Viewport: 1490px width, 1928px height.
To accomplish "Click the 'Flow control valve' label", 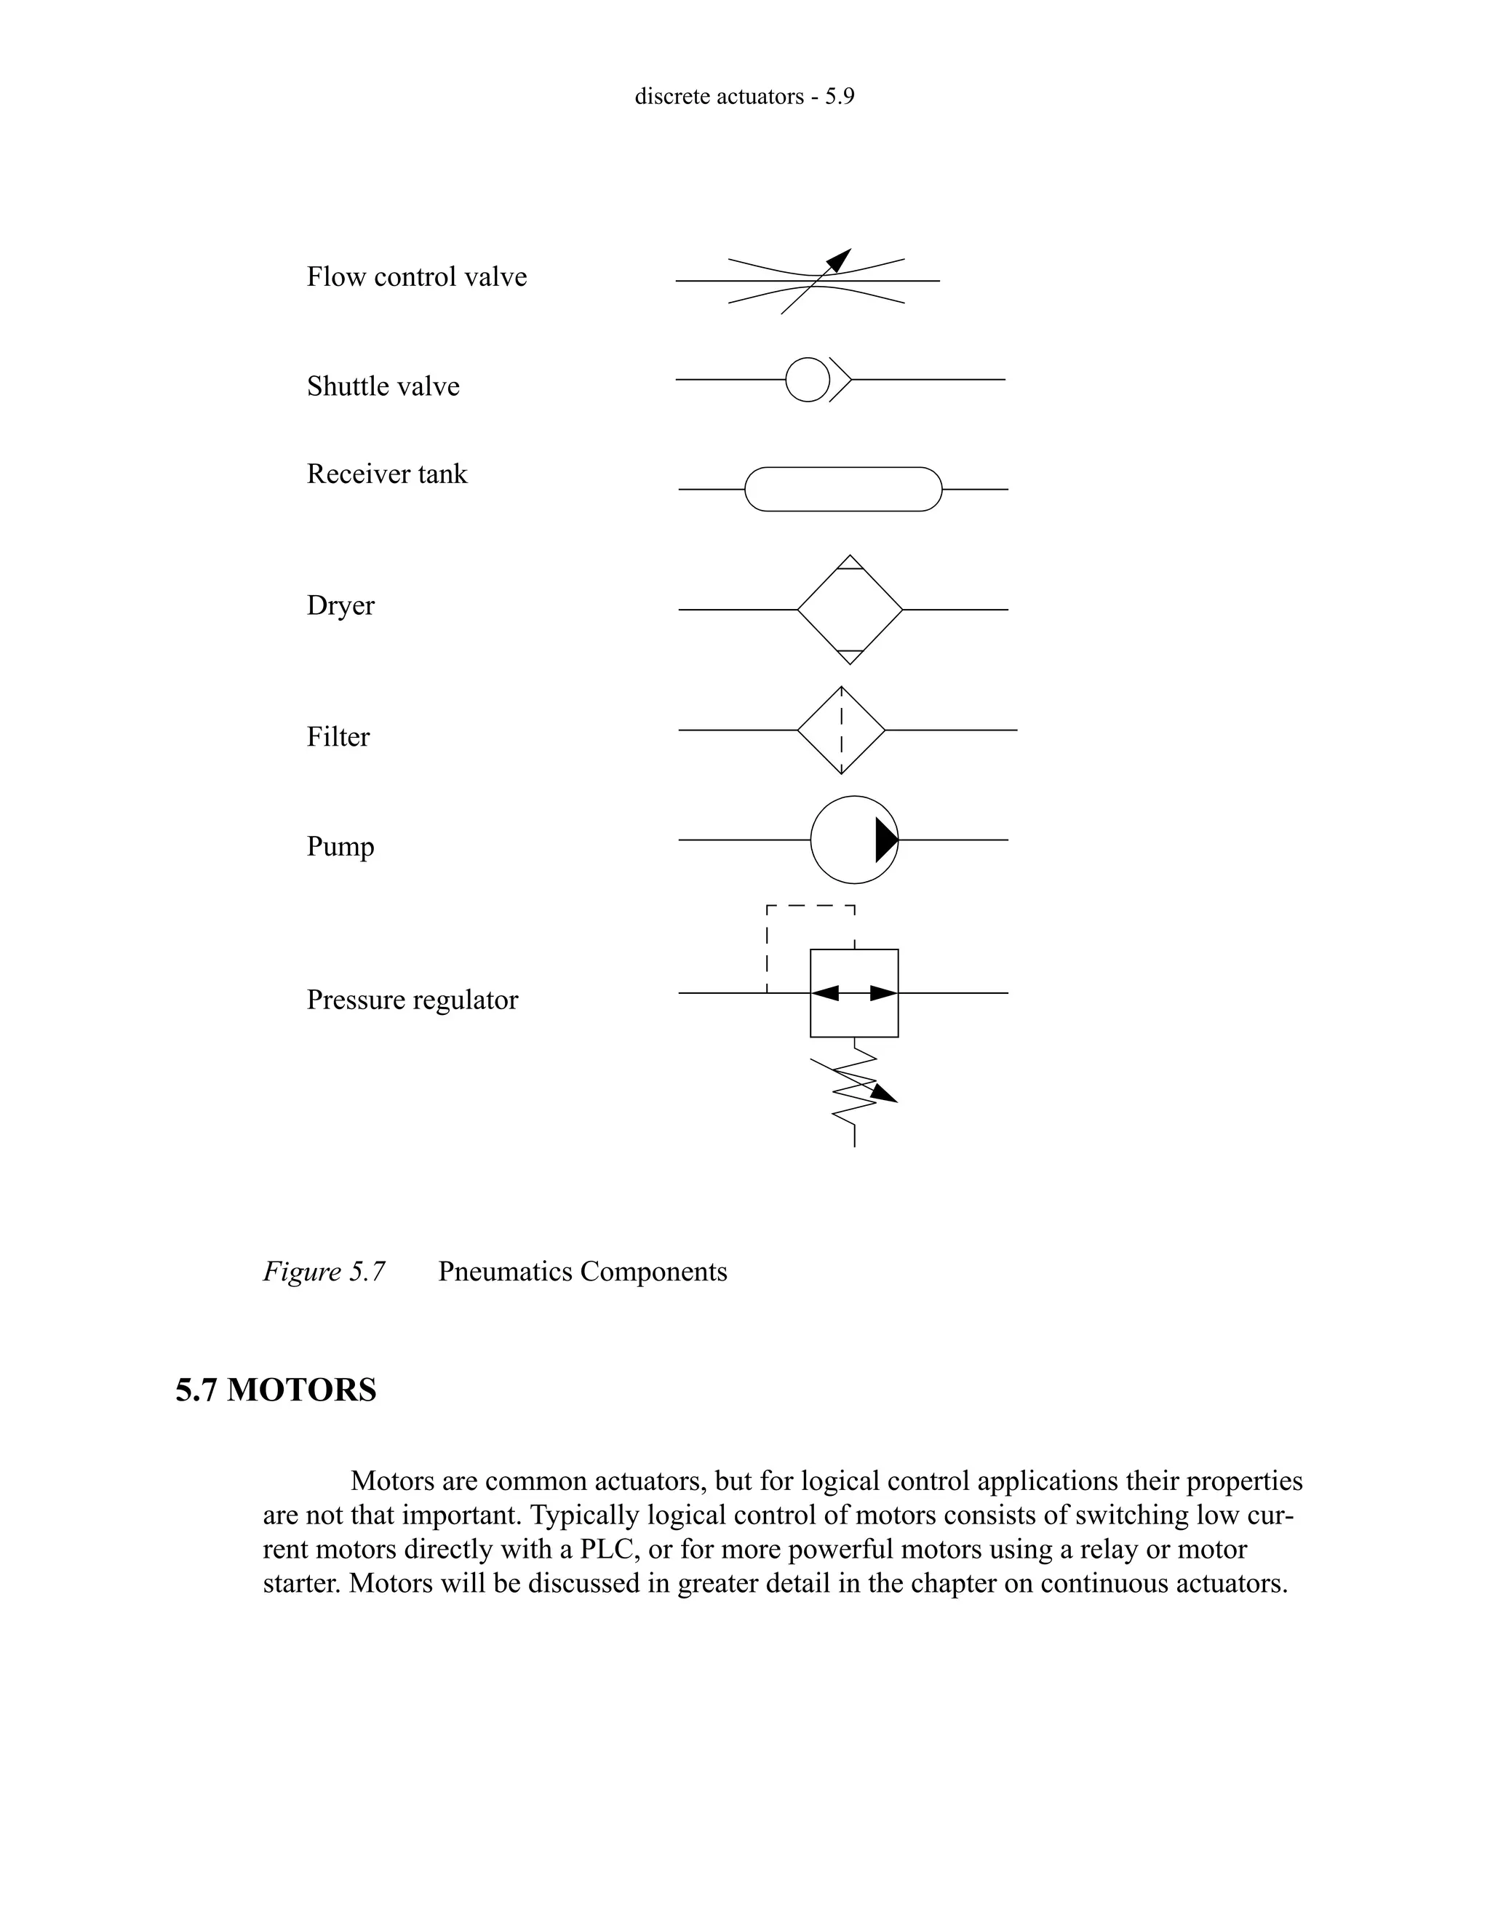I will point(417,277).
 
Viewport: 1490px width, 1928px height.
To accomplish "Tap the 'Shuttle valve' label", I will point(383,386).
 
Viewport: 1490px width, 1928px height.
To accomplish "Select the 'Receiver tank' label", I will point(386,474).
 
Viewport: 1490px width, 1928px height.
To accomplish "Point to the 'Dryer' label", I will point(340,605).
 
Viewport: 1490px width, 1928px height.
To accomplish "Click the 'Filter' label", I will point(338,737).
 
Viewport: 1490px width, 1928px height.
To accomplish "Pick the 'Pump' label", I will point(340,847).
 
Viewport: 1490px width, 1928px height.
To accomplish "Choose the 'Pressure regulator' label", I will point(413,1000).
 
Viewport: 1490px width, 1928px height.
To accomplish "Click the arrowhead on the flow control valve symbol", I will point(840,260).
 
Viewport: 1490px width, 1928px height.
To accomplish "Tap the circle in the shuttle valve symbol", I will point(808,380).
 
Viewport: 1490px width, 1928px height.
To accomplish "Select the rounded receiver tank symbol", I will point(843,489).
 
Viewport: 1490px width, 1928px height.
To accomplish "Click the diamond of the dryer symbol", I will point(850,610).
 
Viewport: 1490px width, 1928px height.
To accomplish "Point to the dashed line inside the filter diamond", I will point(841,731).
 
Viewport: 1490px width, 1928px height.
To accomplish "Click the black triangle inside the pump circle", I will point(885,840).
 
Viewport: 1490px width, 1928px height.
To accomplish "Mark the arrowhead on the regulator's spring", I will point(885,1094).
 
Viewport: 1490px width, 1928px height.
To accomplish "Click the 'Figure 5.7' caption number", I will point(324,1272).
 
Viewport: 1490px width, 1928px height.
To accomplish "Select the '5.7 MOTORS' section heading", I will point(276,1390).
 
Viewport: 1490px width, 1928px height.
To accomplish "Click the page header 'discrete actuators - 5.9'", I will point(744,96).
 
